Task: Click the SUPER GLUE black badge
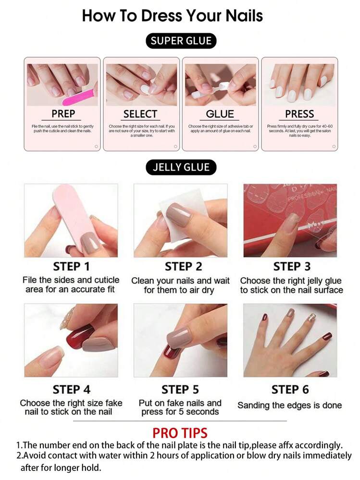[181, 41]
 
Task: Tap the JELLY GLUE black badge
[181, 167]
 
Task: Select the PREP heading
[63, 114]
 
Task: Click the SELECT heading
[140, 114]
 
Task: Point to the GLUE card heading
[220, 114]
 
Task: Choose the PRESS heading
[299, 114]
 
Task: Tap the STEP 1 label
[72, 267]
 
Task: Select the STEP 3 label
[292, 267]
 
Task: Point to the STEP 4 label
[72, 389]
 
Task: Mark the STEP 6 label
[290, 389]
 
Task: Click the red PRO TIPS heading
[180, 432]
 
